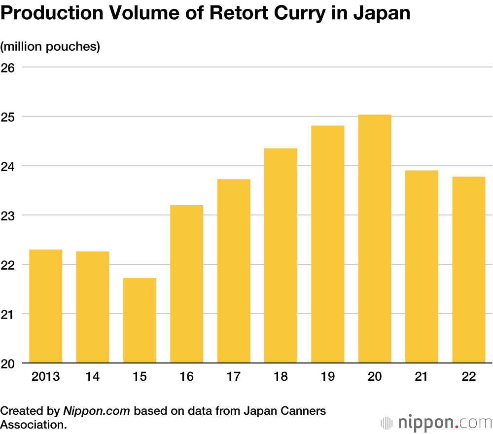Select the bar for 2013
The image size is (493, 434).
[46, 306]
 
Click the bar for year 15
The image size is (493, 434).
[140, 321]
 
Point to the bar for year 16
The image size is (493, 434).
[186, 284]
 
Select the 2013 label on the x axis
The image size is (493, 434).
[46, 377]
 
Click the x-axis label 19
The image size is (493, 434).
[327, 377]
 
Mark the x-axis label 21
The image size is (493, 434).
[422, 377]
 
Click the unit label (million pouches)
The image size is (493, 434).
[50, 47]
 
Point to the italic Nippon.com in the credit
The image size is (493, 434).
[97, 411]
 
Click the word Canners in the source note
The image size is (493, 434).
[301, 411]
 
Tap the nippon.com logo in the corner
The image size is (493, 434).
[436, 423]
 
